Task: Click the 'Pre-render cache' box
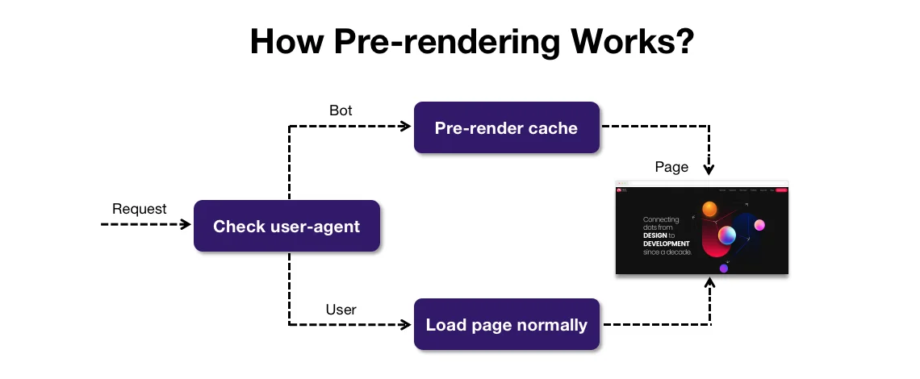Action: (x=506, y=127)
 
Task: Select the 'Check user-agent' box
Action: (x=286, y=226)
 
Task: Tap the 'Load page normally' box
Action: (x=506, y=325)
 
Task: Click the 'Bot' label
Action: (x=341, y=110)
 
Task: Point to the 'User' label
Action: (x=341, y=309)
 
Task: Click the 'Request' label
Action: (x=140, y=209)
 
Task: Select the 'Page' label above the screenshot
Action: (x=671, y=167)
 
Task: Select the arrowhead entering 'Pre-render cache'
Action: (x=406, y=127)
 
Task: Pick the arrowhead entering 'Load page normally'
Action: (x=406, y=325)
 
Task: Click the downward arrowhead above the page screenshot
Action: (x=709, y=170)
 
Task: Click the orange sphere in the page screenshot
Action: (x=709, y=210)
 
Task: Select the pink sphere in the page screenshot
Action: (x=759, y=225)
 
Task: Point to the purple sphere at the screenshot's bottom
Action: (x=724, y=269)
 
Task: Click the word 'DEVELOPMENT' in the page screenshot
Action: (x=666, y=244)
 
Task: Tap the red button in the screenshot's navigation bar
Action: (x=780, y=190)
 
